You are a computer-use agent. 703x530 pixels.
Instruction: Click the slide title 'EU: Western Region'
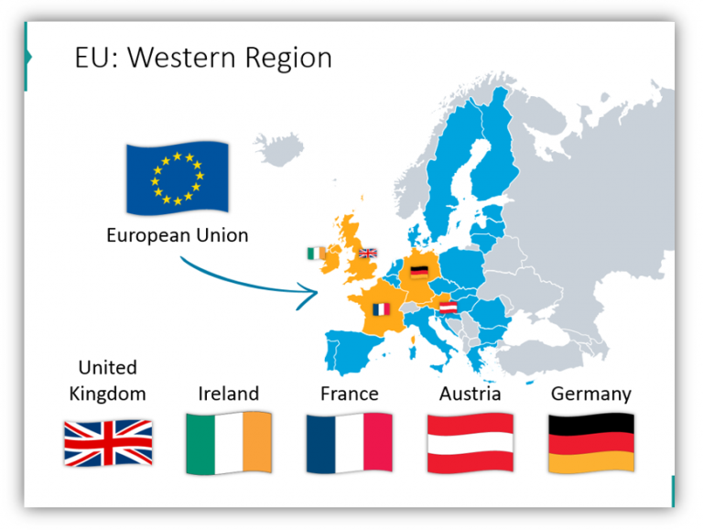(202, 58)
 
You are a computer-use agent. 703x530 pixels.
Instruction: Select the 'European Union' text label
(177, 235)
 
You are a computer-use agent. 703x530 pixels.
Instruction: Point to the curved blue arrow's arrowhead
(308, 293)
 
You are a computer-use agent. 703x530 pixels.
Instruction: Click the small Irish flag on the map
(316, 253)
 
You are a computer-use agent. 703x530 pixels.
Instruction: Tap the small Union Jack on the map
(367, 254)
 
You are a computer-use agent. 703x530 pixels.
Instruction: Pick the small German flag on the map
(419, 271)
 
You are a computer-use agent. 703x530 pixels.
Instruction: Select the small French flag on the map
(381, 309)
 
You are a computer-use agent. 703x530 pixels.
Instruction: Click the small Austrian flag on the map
(449, 307)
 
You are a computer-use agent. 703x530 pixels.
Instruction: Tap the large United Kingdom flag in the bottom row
(108, 443)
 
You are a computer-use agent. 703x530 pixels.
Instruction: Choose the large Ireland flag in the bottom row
(229, 443)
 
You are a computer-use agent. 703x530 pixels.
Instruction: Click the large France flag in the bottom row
(350, 443)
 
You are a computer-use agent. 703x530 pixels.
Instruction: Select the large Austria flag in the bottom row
(470, 443)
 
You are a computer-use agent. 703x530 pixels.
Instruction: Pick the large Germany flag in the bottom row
(591, 443)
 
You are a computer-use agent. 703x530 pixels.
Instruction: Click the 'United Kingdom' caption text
(108, 381)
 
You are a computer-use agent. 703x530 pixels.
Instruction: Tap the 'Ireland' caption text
(229, 394)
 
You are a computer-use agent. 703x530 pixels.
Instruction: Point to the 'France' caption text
(350, 394)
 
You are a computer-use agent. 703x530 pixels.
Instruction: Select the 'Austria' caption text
(470, 394)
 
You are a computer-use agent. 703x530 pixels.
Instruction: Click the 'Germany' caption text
(591, 394)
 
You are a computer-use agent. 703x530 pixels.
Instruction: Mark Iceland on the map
(274, 146)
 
